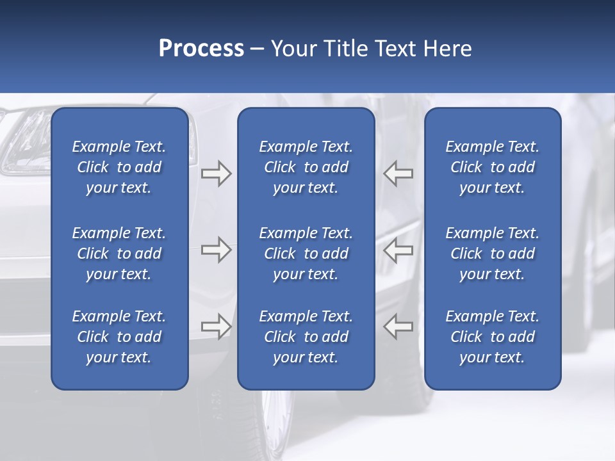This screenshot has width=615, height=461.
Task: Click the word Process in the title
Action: click(x=201, y=49)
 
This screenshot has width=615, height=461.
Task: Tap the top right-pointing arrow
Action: click(x=216, y=174)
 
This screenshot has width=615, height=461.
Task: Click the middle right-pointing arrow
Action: click(x=216, y=250)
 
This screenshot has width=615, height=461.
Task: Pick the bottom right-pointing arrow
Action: click(x=216, y=326)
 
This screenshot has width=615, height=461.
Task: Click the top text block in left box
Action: click(x=119, y=167)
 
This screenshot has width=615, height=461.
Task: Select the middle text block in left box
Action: click(x=119, y=254)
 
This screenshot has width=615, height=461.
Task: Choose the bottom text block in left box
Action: click(x=119, y=337)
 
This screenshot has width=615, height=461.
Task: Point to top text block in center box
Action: click(x=306, y=167)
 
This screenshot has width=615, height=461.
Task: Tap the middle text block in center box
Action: click(x=306, y=254)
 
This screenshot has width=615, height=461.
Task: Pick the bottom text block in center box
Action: click(x=306, y=337)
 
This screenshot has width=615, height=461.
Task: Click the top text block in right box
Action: click(x=492, y=167)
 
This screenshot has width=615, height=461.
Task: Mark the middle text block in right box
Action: click(x=492, y=254)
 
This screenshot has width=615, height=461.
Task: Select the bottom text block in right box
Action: click(x=492, y=337)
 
